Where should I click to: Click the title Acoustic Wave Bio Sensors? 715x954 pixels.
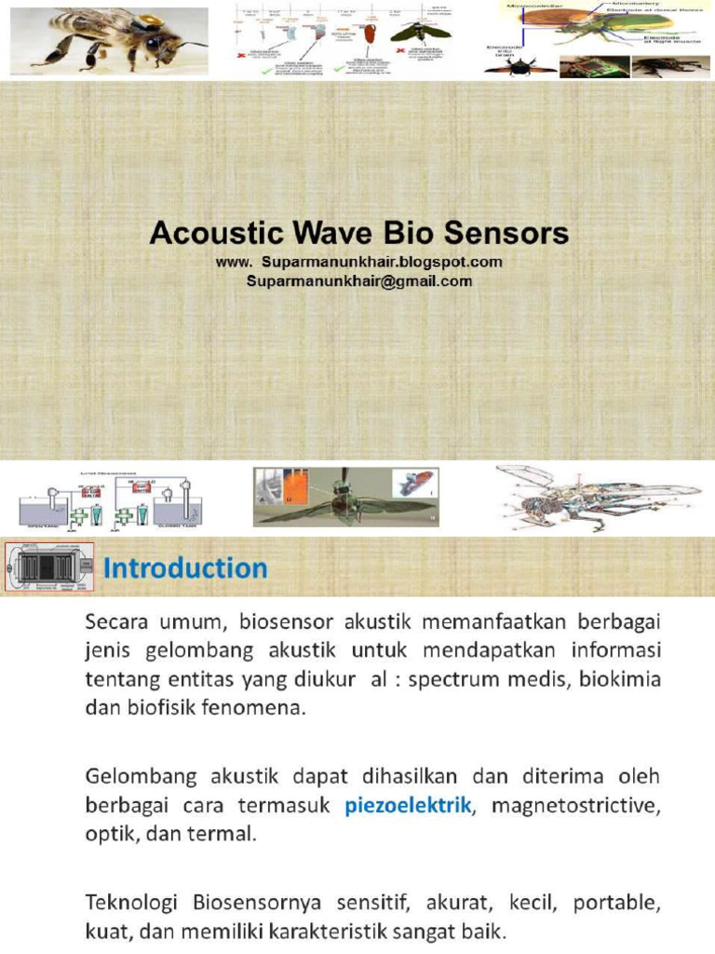coord(358,232)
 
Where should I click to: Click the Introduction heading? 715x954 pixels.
coord(185,567)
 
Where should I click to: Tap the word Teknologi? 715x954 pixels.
coord(134,902)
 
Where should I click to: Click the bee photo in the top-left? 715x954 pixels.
coord(109,39)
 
